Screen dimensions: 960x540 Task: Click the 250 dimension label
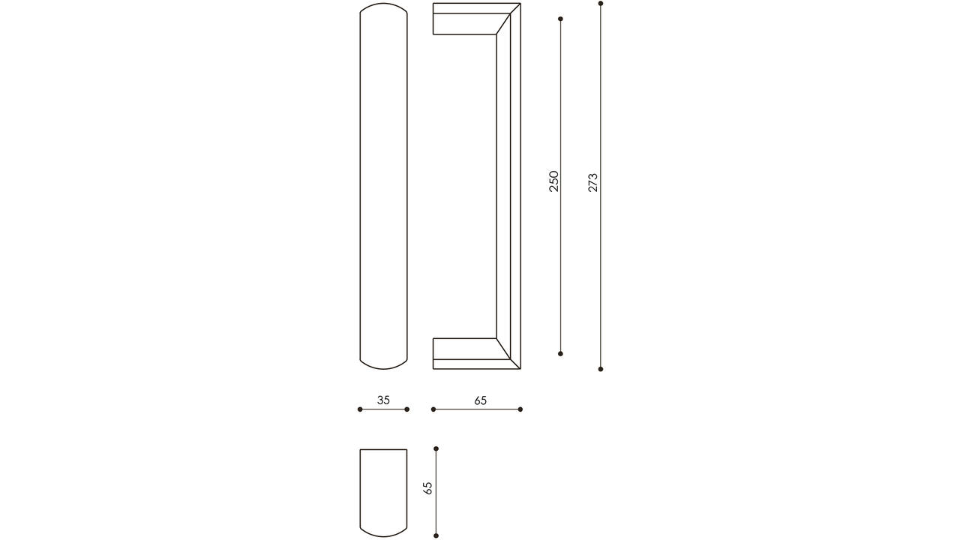point(554,181)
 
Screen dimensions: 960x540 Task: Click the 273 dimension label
point(592,182)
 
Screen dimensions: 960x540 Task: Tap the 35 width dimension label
point(383,400)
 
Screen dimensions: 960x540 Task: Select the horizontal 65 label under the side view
point(481,400)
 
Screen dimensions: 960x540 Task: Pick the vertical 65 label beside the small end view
point(427,488)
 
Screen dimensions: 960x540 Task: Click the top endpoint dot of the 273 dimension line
point(601,4)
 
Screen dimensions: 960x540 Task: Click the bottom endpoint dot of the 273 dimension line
point(601,369)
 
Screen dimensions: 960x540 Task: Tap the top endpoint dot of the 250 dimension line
point(560,19)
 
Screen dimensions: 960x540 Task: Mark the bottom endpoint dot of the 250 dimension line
point(560,353)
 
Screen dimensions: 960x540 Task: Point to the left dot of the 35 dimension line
point(360,409)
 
